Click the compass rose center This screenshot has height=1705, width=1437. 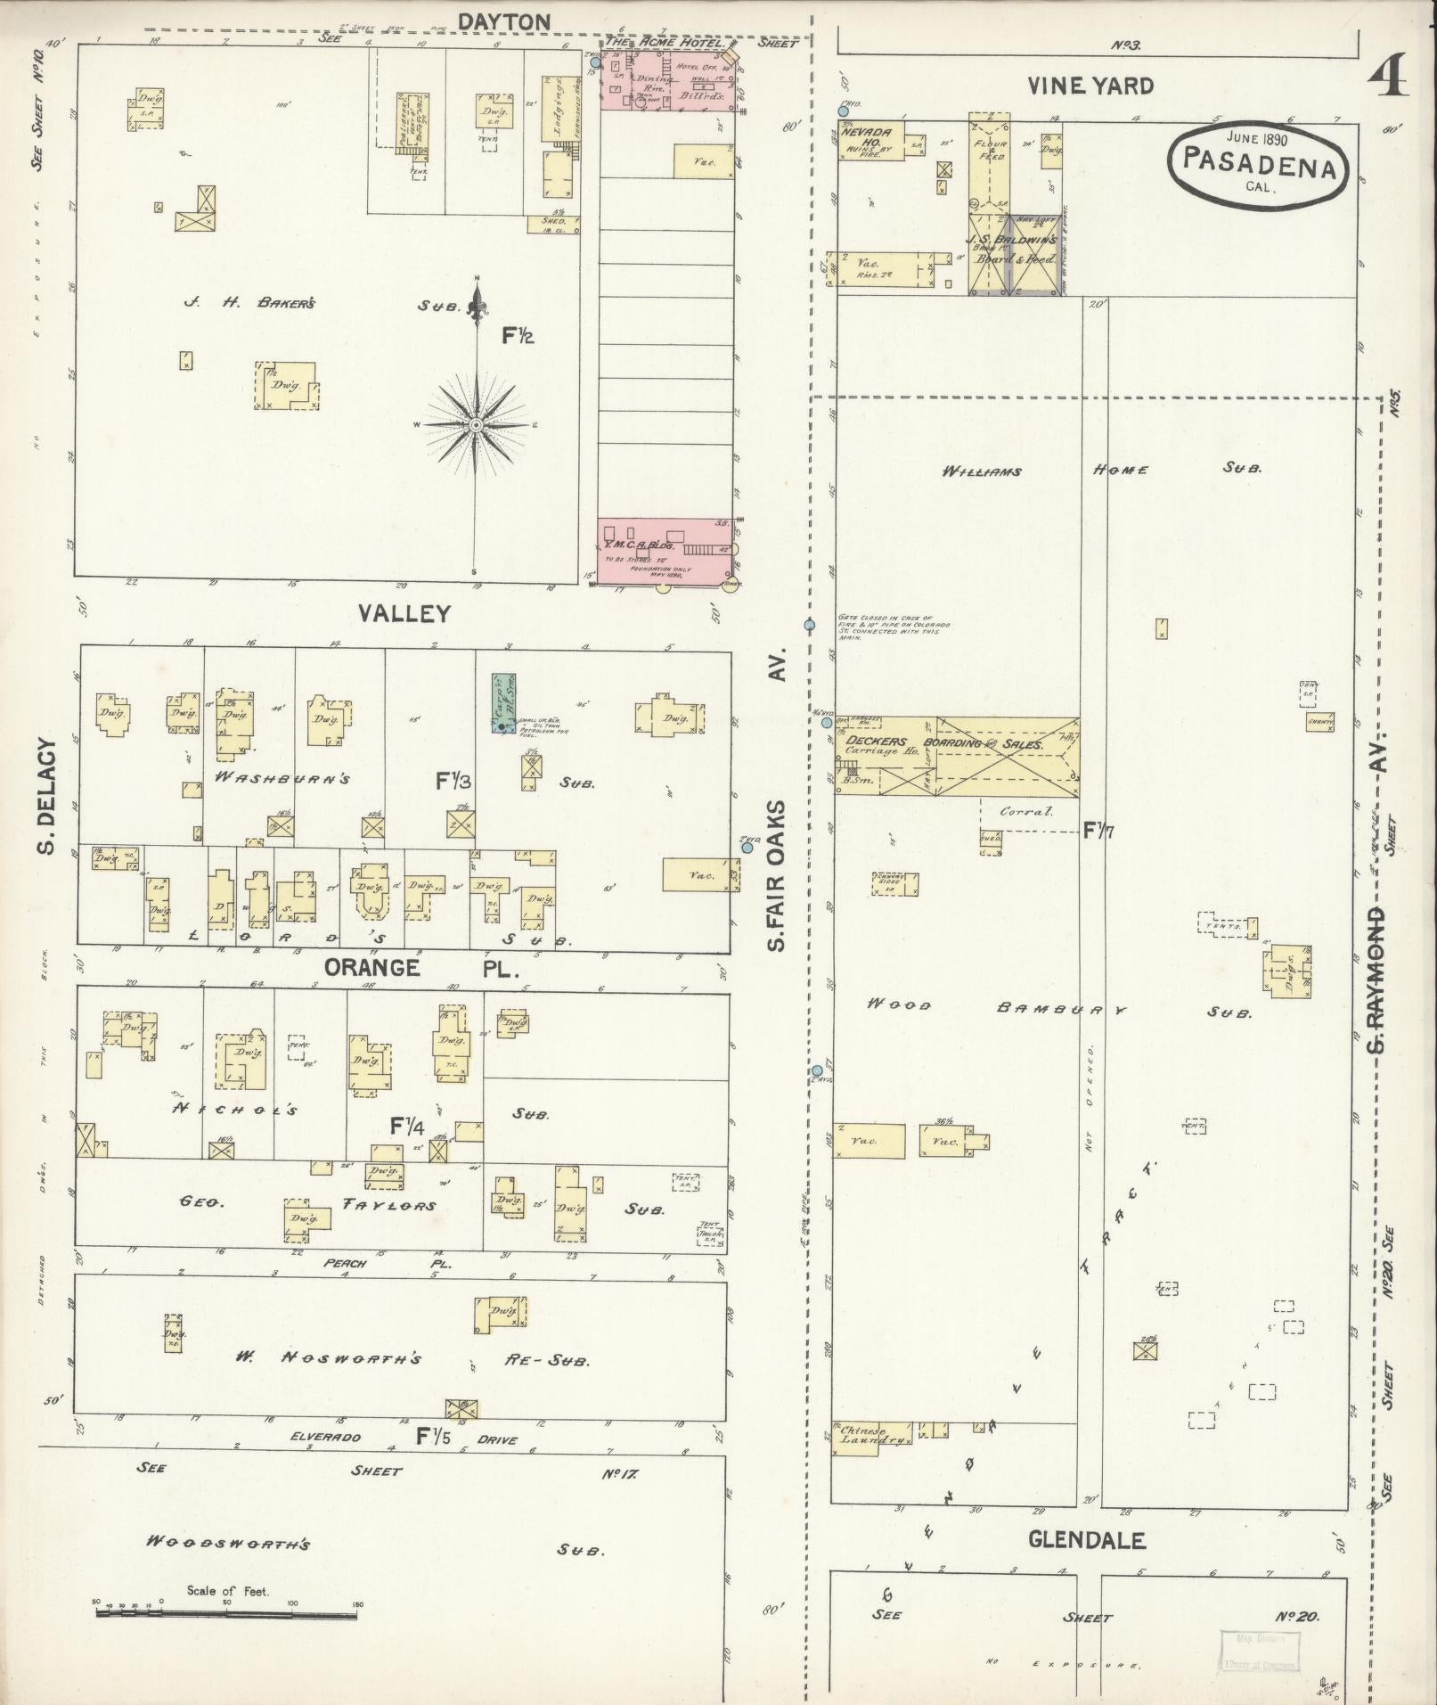tap(476, 425)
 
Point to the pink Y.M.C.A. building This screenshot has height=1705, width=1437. tap(664, 551)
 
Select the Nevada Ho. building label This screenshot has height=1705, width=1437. tap(868, 138)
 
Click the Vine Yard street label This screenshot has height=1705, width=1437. tap(1090, 86)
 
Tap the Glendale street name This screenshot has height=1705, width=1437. tap(1086, 1539)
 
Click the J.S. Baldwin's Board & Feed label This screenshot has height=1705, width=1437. tap(1013, 249)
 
